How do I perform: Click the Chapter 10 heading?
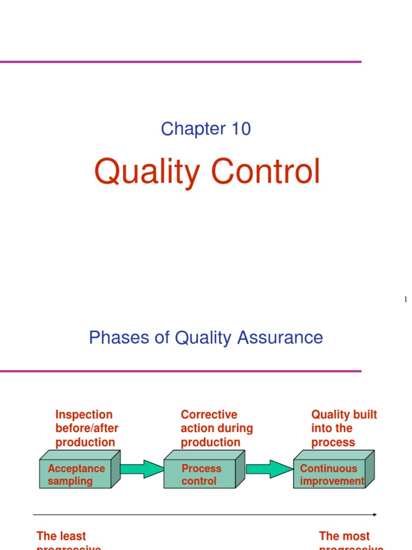[x=206, y=129]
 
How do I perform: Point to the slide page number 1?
[x=406, y=299]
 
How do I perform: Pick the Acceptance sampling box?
[x=76, y=475]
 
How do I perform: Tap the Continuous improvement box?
[x=331, y=475]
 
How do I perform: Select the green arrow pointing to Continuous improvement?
[x=268, y=468]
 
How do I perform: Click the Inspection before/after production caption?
[x=86, y=429]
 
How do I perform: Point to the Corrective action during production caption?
[x=217, y=429]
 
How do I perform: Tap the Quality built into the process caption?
[x=344, y=429]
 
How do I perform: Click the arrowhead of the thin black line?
[x=374, y=515]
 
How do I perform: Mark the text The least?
[x=61, y=536]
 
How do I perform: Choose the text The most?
[x=344, y=536]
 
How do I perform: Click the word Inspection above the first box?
[x=84, y=415]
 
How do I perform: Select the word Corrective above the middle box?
[x=209, y=415]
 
